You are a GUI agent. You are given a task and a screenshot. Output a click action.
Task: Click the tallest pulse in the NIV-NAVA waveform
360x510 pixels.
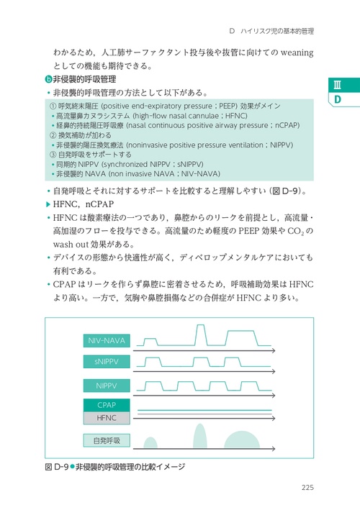tap(200, 334)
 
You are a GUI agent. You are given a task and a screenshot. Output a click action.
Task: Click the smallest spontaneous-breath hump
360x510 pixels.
tap(150, 443)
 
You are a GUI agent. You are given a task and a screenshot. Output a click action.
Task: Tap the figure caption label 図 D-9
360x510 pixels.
tap(56, 467)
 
